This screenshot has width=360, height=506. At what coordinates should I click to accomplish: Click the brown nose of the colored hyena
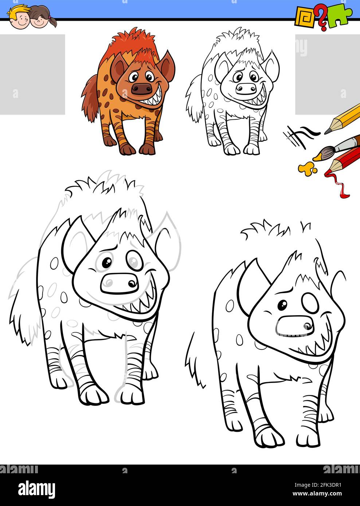pos(141,88)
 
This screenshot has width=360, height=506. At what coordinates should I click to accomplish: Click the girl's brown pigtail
pos(52,21)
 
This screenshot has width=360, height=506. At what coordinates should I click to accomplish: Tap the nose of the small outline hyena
pos(246,88)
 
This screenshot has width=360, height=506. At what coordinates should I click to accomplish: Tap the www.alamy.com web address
pos(317,494)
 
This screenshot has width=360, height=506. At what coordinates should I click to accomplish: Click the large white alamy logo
pos(37,489)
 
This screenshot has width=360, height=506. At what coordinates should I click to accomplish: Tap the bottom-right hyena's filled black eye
pos(282,305)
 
